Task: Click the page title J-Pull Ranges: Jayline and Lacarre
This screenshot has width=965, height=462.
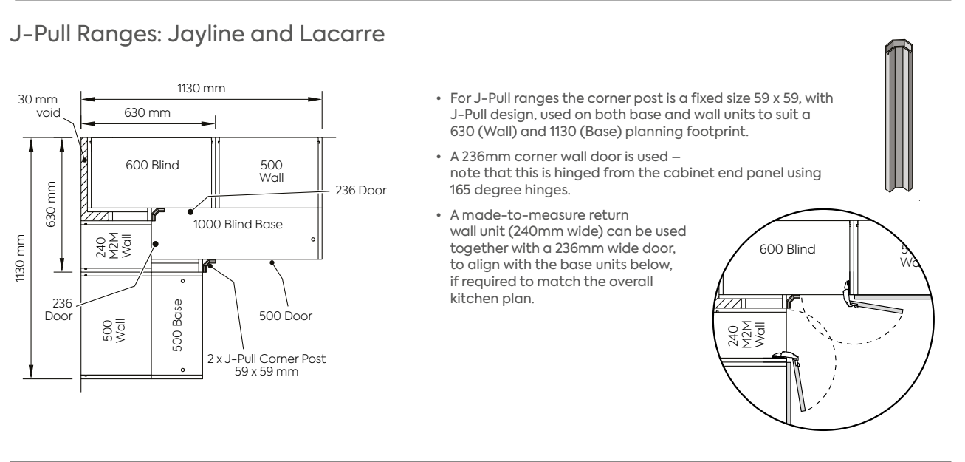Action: [197, 34]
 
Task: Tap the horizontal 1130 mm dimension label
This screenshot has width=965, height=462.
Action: [201, 89]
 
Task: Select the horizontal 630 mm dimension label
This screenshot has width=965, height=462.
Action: [148, 112]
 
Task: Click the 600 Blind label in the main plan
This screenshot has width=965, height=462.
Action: [153, 166]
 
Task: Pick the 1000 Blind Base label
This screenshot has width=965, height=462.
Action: [238, 224]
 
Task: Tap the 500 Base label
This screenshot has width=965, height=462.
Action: [177, 325]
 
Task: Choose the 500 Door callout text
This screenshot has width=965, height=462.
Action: [286, 316]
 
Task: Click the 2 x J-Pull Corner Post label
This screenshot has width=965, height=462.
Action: [267, 365]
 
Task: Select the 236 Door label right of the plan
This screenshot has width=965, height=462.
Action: [361, 190]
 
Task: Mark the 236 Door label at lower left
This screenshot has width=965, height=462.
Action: [58, 310]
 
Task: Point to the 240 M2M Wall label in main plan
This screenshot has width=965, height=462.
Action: [113, 245]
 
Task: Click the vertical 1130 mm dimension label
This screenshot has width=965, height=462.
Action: [20, 259]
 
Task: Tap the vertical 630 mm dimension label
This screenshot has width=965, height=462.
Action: [51, 205]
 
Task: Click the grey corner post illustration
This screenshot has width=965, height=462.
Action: [899, 115]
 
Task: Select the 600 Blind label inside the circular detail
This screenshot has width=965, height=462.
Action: [788, 249]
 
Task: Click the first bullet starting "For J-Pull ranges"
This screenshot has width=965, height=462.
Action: [642, 115]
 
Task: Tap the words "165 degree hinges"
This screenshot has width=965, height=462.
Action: [510, 190]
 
